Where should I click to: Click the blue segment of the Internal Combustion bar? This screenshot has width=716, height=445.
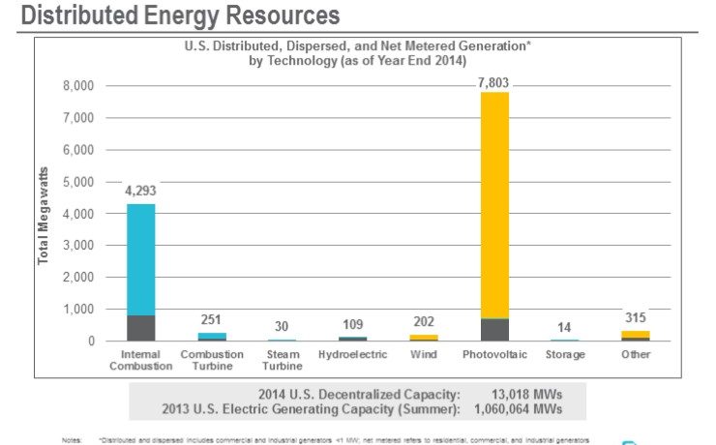click(x=140, y=258)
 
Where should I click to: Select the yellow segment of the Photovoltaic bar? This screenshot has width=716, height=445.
click(x=494, y=203)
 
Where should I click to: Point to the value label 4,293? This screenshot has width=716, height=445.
click(x=140, y=191)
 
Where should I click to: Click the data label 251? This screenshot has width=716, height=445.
click(x=212, y=320)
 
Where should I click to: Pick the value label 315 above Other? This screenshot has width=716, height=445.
click(x=636, y=317)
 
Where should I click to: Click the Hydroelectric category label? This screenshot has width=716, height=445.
click(x=352, y=354)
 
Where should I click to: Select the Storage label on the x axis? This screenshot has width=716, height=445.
click(x=565, y=354)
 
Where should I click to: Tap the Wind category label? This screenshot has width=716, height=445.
click(x=423, y=354)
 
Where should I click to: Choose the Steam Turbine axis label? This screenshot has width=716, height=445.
click(x=283, y=360)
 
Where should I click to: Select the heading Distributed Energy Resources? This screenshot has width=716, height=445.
click(x=180, y=15)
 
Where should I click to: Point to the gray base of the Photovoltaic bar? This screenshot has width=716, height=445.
click(x=494, y=330)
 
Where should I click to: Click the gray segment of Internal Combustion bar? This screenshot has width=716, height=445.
click(x=140, y=328)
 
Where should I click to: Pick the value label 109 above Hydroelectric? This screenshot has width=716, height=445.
click(x=352, y=325)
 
